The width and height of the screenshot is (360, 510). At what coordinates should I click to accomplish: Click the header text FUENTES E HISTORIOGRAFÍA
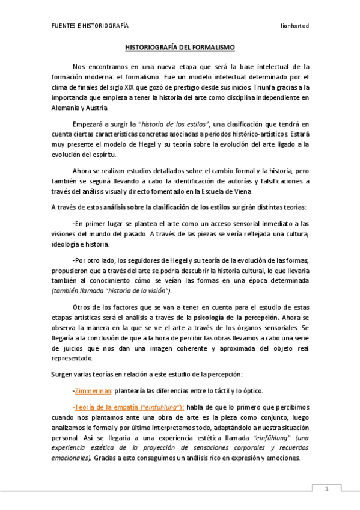point(90,26)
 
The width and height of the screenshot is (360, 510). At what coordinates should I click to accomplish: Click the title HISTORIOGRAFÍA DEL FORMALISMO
point(180,46)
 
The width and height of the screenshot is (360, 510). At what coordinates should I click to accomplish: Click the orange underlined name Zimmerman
point(93,390)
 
